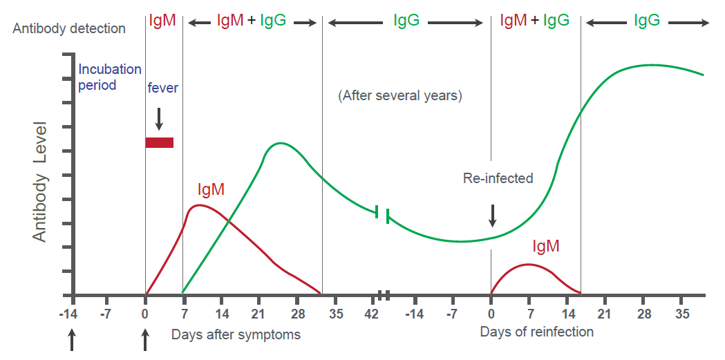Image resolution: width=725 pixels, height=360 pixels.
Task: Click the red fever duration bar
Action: [x=159, y=142]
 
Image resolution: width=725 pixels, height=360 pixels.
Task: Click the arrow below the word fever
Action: [x=159, y=118]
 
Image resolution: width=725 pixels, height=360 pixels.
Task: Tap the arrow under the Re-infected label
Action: [x=492, y=215]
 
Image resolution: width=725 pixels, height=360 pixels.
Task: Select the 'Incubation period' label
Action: [x=109, y=77]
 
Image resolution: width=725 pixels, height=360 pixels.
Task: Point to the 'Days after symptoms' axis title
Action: [x=236, y=335]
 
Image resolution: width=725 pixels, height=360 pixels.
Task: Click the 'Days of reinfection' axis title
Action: [x=536, y=332]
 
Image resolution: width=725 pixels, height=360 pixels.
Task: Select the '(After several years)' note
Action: [x=399, y=96]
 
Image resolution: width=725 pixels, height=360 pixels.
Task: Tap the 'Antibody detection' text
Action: [x=69, y=28]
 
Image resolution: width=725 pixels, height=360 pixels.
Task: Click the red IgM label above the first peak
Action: [x=211, y=189]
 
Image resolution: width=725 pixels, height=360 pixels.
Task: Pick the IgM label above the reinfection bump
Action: [x=545, y=245]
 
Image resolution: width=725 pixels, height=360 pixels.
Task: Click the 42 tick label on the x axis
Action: [x=371, y=314]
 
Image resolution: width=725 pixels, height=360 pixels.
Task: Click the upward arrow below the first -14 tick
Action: [x=72, y=339]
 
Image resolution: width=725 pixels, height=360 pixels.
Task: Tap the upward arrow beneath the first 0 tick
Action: [x=145, y=339]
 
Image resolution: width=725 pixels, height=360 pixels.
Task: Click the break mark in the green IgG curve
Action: [x=382, y=214]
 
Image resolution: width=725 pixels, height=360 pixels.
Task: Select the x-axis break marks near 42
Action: [x=384, y=295]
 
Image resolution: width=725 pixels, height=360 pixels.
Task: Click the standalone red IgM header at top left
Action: [x=163, y=21]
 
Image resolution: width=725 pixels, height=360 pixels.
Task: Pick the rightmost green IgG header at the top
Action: [x=647, y=21]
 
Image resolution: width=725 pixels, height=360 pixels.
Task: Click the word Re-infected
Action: [x=498, y=178]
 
